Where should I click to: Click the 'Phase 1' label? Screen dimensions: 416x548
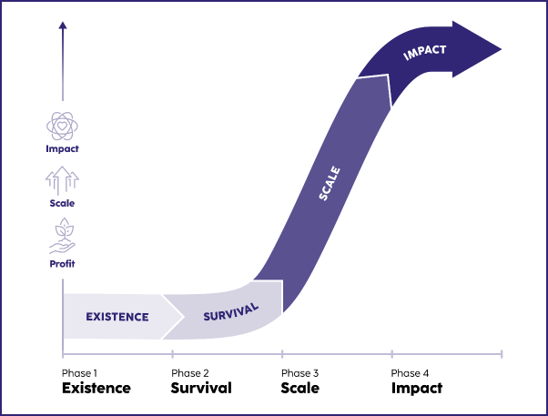(x=79, y=373)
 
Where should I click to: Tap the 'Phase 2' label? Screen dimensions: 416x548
(x=189, y=373)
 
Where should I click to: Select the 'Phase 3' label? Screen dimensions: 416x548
(x=299, y=373)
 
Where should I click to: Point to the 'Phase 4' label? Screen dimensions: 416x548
(x=410, y=373)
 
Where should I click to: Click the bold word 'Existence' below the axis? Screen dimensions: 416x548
(x=96, y=388)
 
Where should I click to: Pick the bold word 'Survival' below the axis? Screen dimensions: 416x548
(x=201, y=388)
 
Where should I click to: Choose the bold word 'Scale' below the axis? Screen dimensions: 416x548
(x=300, y=388)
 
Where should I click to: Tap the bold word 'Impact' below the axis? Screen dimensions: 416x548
(x=417, y=388)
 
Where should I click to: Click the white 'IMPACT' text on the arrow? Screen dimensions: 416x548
(x=425, y=53)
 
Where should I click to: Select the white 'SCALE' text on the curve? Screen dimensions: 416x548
(x=330, y=181)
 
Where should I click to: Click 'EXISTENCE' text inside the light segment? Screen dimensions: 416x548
(x=117, y=317)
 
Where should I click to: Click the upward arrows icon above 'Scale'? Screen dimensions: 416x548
(x=62, y=179)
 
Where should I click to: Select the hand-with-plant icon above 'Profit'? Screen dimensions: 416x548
(x=62, y=239)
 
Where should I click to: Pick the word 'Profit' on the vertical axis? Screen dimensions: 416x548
(x=62, y=264)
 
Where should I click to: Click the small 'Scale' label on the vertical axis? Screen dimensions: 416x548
(x=62, y=203)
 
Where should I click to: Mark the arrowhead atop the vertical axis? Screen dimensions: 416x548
(x=62, y=28)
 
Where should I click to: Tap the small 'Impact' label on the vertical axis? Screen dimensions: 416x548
(x=62, y=147)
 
